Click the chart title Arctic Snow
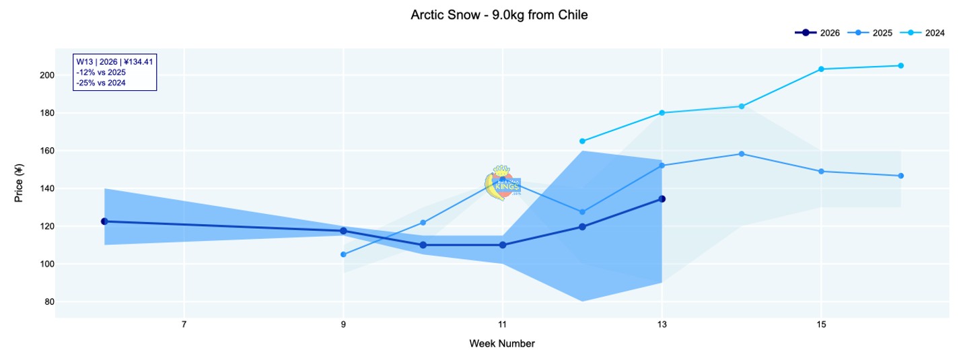[499, 15]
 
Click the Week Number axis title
[502, 344]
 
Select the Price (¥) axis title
[20, 182]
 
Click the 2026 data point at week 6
[104, 221]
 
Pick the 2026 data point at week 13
[662, 199]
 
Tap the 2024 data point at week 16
[900, 65]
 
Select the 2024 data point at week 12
[582, 141]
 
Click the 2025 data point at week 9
[343, 254]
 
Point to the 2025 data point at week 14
[742, 154]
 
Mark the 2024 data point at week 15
[821, 69]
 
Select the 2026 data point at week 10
[423, 245]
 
